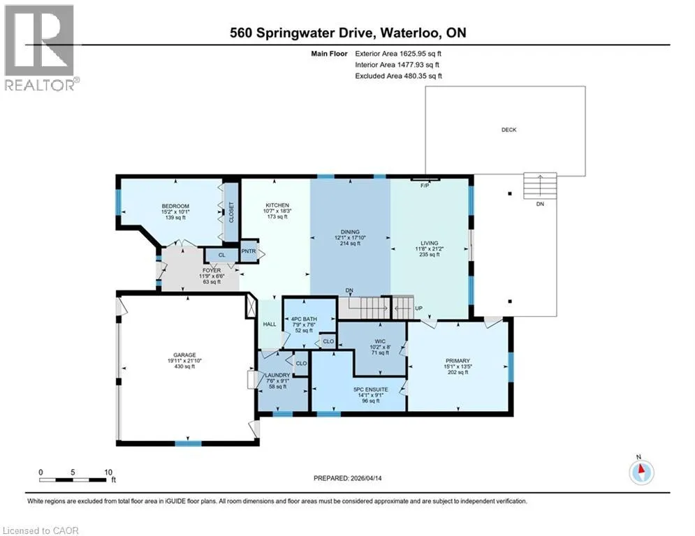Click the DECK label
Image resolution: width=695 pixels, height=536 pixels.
(509, 130)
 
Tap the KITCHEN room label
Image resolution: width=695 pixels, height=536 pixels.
(277, 205)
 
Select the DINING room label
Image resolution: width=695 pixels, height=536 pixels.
(350, 232)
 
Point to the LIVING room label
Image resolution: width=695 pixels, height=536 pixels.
(429, 243)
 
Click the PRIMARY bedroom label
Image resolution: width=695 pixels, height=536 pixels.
(458, 361)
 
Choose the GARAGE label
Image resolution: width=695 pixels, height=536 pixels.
(184, 355)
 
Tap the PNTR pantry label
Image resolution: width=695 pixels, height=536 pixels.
(249, 251)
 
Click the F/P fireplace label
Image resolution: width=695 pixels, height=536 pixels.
(425, 186)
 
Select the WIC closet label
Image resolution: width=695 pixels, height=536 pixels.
(380, 341)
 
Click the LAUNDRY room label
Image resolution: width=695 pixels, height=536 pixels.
(277, 375)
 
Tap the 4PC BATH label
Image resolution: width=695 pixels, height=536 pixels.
(304, 319)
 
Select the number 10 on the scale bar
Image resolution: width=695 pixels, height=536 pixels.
(108, 472)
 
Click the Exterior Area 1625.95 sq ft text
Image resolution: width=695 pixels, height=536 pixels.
(398, 54)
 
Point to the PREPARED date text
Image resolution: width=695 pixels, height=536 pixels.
(348, 478)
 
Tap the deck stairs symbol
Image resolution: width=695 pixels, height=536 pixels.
(540, 186)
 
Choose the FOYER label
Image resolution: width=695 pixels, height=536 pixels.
(212, 270)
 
